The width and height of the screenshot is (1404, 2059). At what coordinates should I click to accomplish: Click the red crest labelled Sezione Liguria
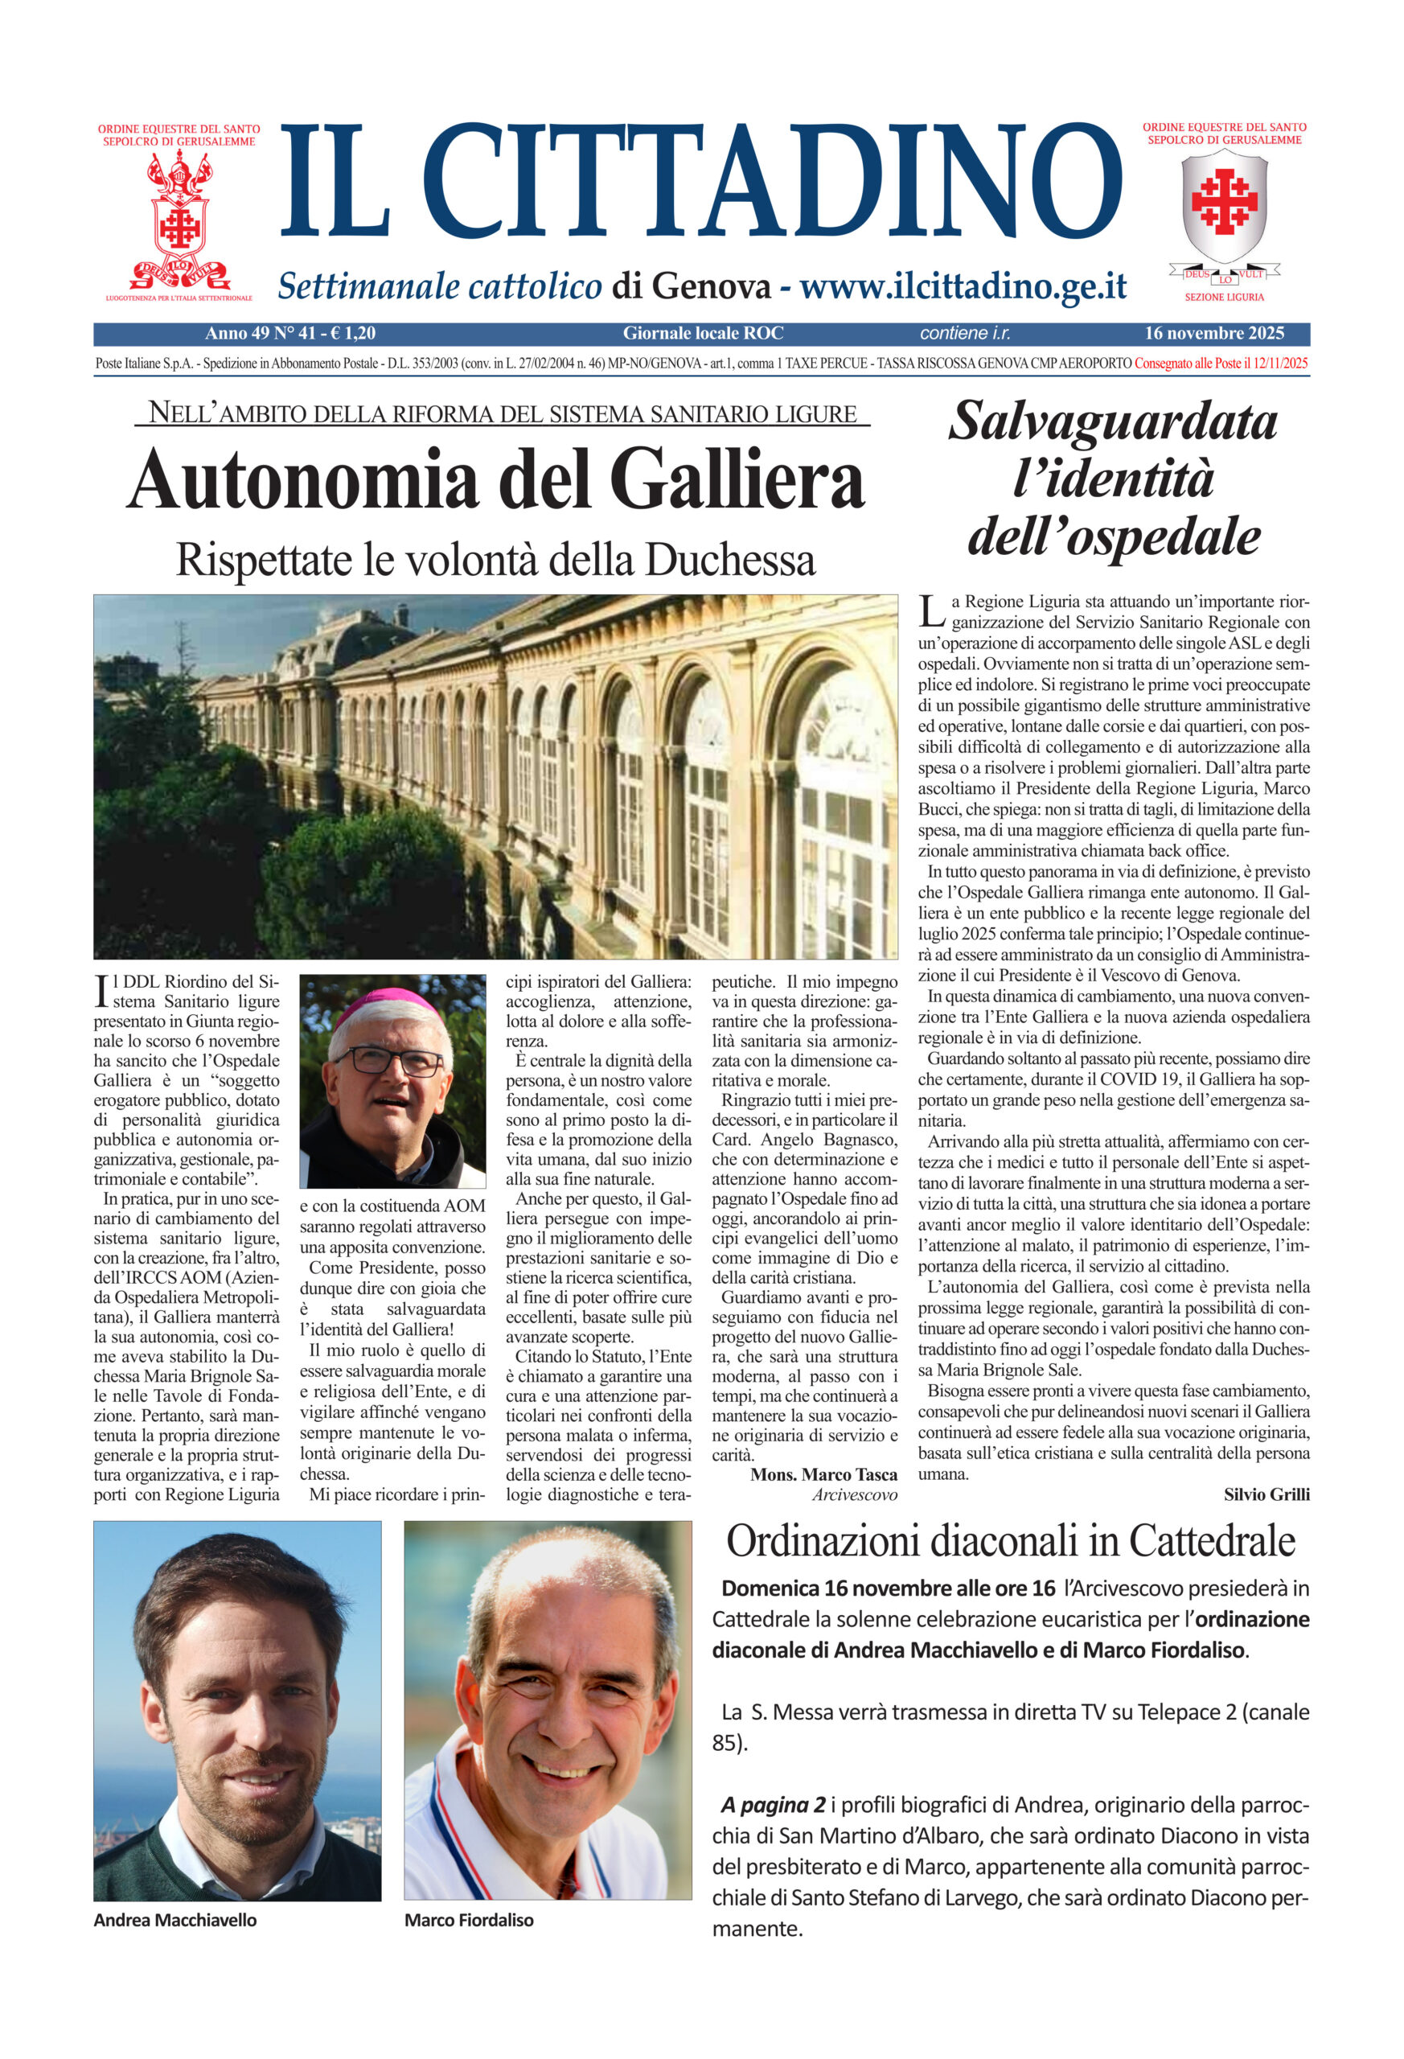pos(1223,212)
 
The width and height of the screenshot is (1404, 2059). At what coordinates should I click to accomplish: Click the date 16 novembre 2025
pos(1213,334)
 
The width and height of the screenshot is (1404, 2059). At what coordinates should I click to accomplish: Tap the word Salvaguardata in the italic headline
pos(1113,421)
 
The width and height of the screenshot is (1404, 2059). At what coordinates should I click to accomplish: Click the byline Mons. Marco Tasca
pos(823,1474)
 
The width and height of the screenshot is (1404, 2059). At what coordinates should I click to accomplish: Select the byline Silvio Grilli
pos(1266,1494)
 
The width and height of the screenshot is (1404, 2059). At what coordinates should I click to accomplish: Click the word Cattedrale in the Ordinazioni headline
pos(1211,1542)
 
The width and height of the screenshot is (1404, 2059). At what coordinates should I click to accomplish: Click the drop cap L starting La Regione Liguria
pos(930,612)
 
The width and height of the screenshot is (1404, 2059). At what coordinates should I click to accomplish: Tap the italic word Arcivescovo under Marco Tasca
pos(854,1494)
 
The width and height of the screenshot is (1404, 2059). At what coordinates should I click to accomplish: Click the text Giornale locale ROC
pos(703,334)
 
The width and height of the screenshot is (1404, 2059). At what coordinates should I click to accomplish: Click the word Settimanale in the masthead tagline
pos(368,287)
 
